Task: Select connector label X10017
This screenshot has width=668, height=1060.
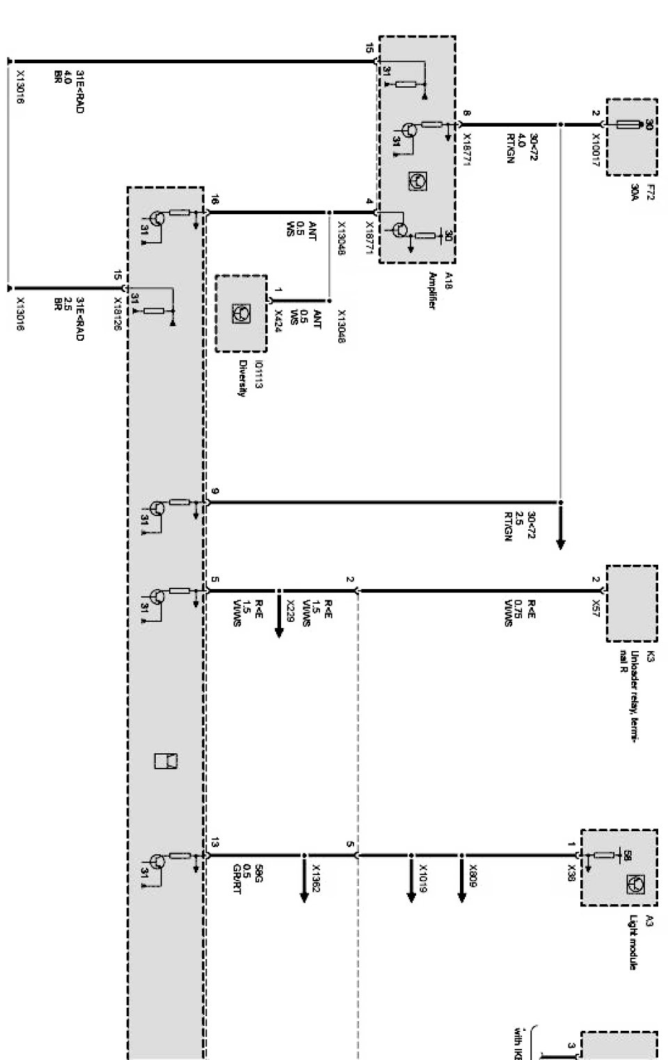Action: [596, 148]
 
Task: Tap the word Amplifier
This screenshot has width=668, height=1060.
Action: [431, 291]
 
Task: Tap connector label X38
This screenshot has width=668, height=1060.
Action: [571, 872]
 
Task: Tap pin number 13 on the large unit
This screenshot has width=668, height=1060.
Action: [214, 844]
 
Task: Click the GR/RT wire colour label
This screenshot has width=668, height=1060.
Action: [237, 883]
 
